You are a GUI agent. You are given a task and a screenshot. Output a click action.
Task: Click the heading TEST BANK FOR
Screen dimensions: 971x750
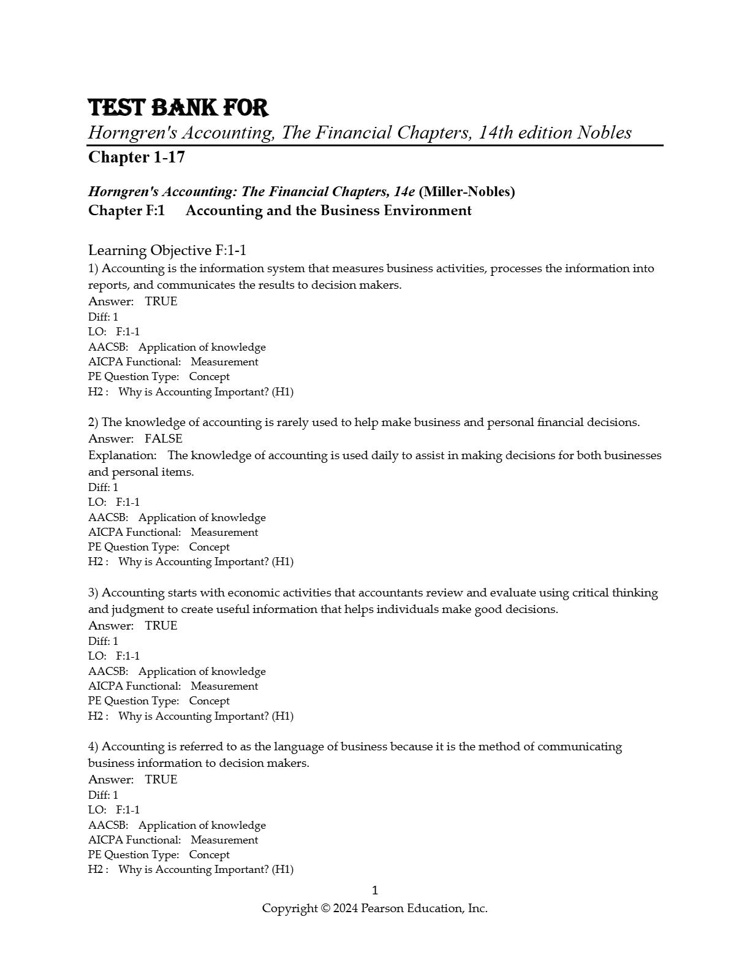(178, 108)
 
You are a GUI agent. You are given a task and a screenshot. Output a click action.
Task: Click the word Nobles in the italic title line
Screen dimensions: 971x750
(604, 132)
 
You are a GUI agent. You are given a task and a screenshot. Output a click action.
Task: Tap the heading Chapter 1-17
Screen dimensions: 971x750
(137, 158)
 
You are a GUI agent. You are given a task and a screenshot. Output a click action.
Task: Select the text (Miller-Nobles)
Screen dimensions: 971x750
(466, 192)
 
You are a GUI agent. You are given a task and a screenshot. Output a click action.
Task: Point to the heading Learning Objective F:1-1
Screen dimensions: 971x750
(167, 250)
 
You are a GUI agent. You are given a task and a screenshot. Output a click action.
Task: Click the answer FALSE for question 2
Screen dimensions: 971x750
(164, 439)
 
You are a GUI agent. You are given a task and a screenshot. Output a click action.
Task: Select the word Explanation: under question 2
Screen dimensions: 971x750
(123, 455)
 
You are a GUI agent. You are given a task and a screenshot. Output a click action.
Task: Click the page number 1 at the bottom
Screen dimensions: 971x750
(375, 891)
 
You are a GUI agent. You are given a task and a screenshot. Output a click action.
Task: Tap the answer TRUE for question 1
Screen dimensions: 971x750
(161, 302)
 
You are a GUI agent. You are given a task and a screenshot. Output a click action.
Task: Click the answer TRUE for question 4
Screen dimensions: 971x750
(161, 780)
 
